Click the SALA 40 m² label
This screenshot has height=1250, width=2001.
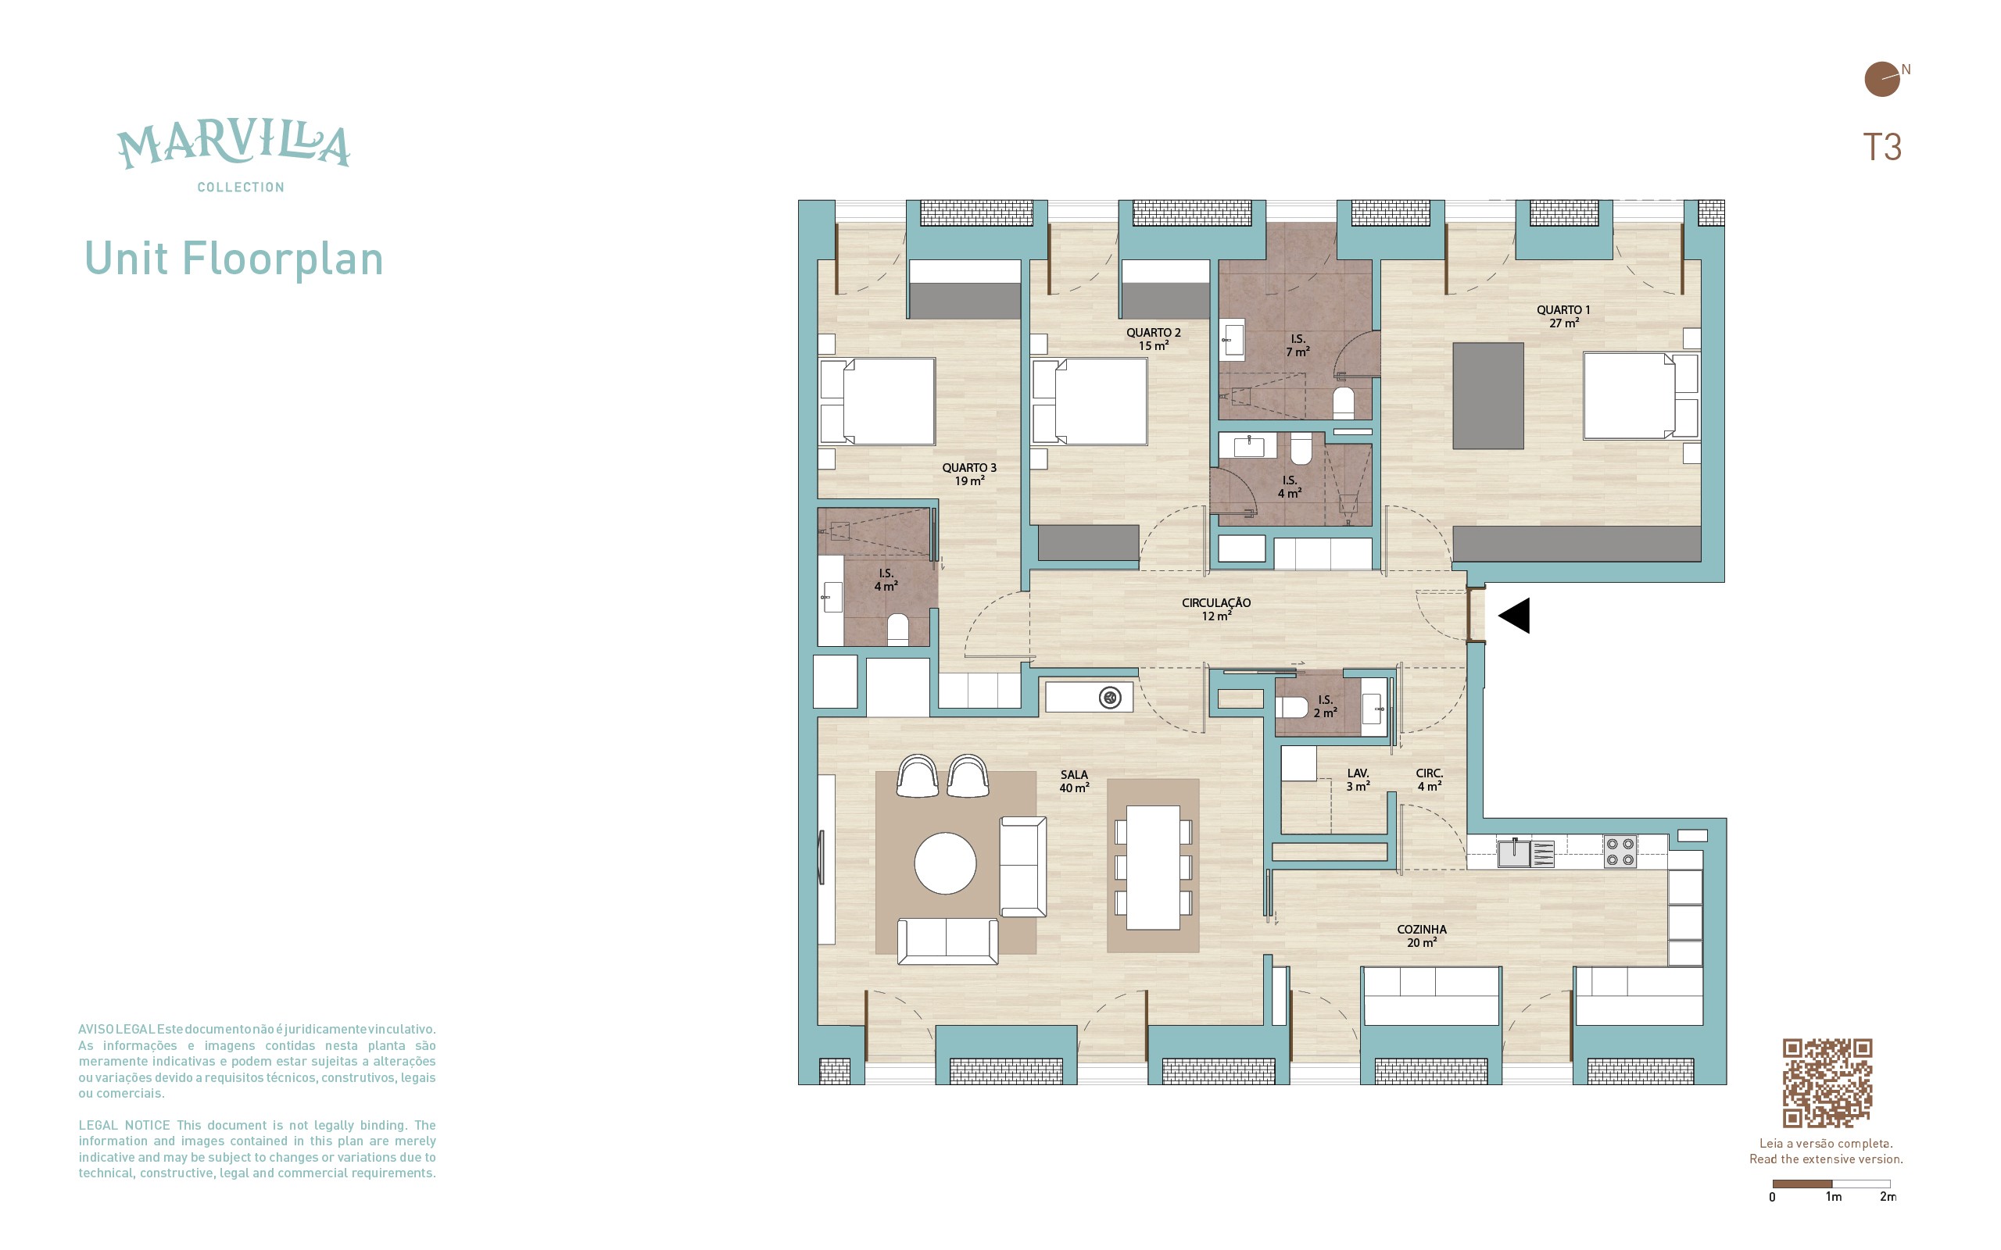pos(1074,781)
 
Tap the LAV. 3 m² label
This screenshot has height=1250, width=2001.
pos(1358,780)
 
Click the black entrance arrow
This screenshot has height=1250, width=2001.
pos(1514,616)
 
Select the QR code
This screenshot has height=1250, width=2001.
pos(1827,1083)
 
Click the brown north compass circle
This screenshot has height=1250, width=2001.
pos(1881,80)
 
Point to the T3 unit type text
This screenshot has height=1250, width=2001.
pos(1882,147)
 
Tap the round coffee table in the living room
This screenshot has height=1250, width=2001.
pos(945,863)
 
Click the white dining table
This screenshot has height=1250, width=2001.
pos(1153,867)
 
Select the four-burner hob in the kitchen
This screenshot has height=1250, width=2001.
pos(1620,852)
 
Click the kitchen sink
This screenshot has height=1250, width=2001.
pos(1514,853)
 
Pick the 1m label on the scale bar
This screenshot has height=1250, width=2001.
pos(1833,1197)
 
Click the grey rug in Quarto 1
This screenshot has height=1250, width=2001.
pos(1487,396)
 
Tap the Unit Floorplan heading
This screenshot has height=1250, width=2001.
pos(234,259)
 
